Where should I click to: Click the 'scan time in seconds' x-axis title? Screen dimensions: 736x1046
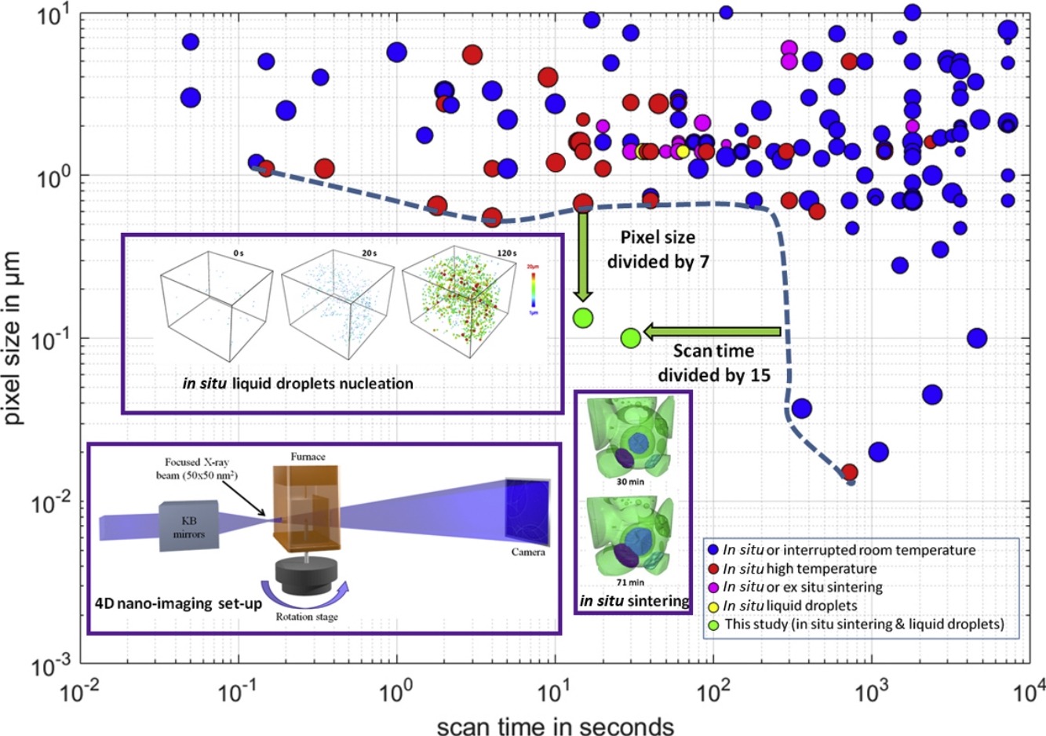coord(555,723)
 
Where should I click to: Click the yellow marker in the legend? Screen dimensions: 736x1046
coord(713,606)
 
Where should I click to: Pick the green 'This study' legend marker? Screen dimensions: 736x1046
coord(713,625)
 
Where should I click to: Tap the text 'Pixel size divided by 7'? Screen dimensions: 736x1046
coord(658,249)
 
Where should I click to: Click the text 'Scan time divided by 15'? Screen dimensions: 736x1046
coord(713,363)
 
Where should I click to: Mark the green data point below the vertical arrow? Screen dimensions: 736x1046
coord(582,318)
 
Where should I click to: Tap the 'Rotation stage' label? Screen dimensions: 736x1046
coord(307,617)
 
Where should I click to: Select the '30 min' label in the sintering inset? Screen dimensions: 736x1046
coord(630,482)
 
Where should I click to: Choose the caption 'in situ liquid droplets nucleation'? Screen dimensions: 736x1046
coord(297,384)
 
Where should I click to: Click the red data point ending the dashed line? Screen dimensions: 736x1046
coord(849,472)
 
